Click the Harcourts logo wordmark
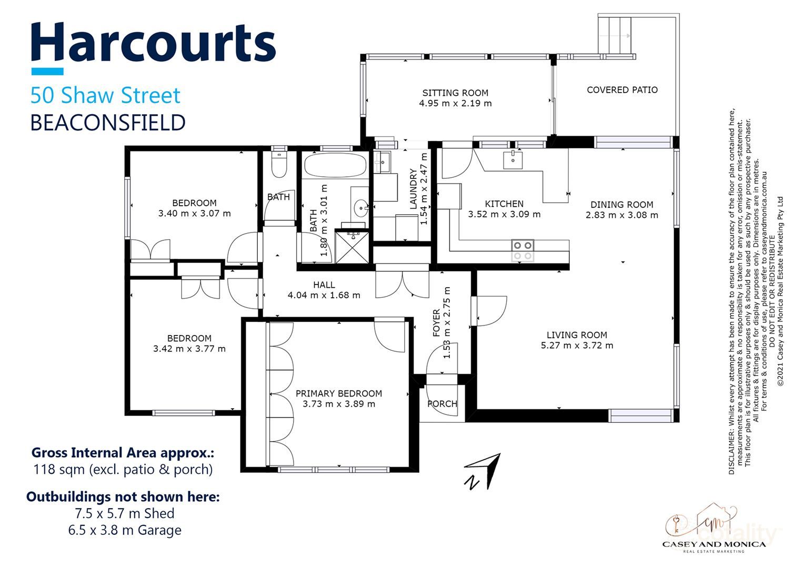coord(153,43)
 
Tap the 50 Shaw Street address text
coord(105,96)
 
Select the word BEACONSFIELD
coord(107,123)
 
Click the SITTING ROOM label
coord(455,93)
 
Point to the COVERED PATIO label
coord(622,90)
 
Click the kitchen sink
coord(512,159)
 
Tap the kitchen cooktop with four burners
coord(522,250)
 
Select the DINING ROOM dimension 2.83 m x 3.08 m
coord(621,215)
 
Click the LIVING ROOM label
coord(577,335)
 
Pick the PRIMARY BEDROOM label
coord(338,393)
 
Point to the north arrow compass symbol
coord(482,471)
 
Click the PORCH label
coord(442,404)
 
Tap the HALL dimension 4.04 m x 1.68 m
coord(324,296)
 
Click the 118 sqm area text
coord(123,470)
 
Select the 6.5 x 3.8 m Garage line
coord(125,530)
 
